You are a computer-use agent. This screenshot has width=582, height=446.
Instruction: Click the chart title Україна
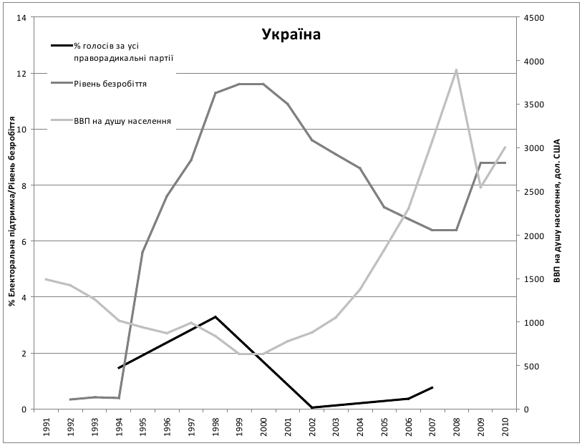tap(291, 34)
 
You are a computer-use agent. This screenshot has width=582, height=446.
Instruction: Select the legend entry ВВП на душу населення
tap(122, 121)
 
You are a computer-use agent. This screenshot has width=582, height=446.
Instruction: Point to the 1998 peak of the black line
tap(215, 316)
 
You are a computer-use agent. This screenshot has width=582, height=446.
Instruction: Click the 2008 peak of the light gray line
tap(457, 69)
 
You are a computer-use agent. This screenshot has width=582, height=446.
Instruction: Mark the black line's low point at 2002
tap(312, 407)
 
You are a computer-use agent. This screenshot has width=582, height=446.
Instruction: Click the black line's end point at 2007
tap(432, 387)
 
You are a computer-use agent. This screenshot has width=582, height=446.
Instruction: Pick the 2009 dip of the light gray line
tap(480, 188)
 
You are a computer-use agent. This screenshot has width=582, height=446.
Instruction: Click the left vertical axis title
tap(11, 215)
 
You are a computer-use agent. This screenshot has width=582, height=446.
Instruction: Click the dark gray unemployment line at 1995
tap(142, 252)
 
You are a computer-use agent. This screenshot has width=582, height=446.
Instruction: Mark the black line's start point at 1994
tap(119, 368)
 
